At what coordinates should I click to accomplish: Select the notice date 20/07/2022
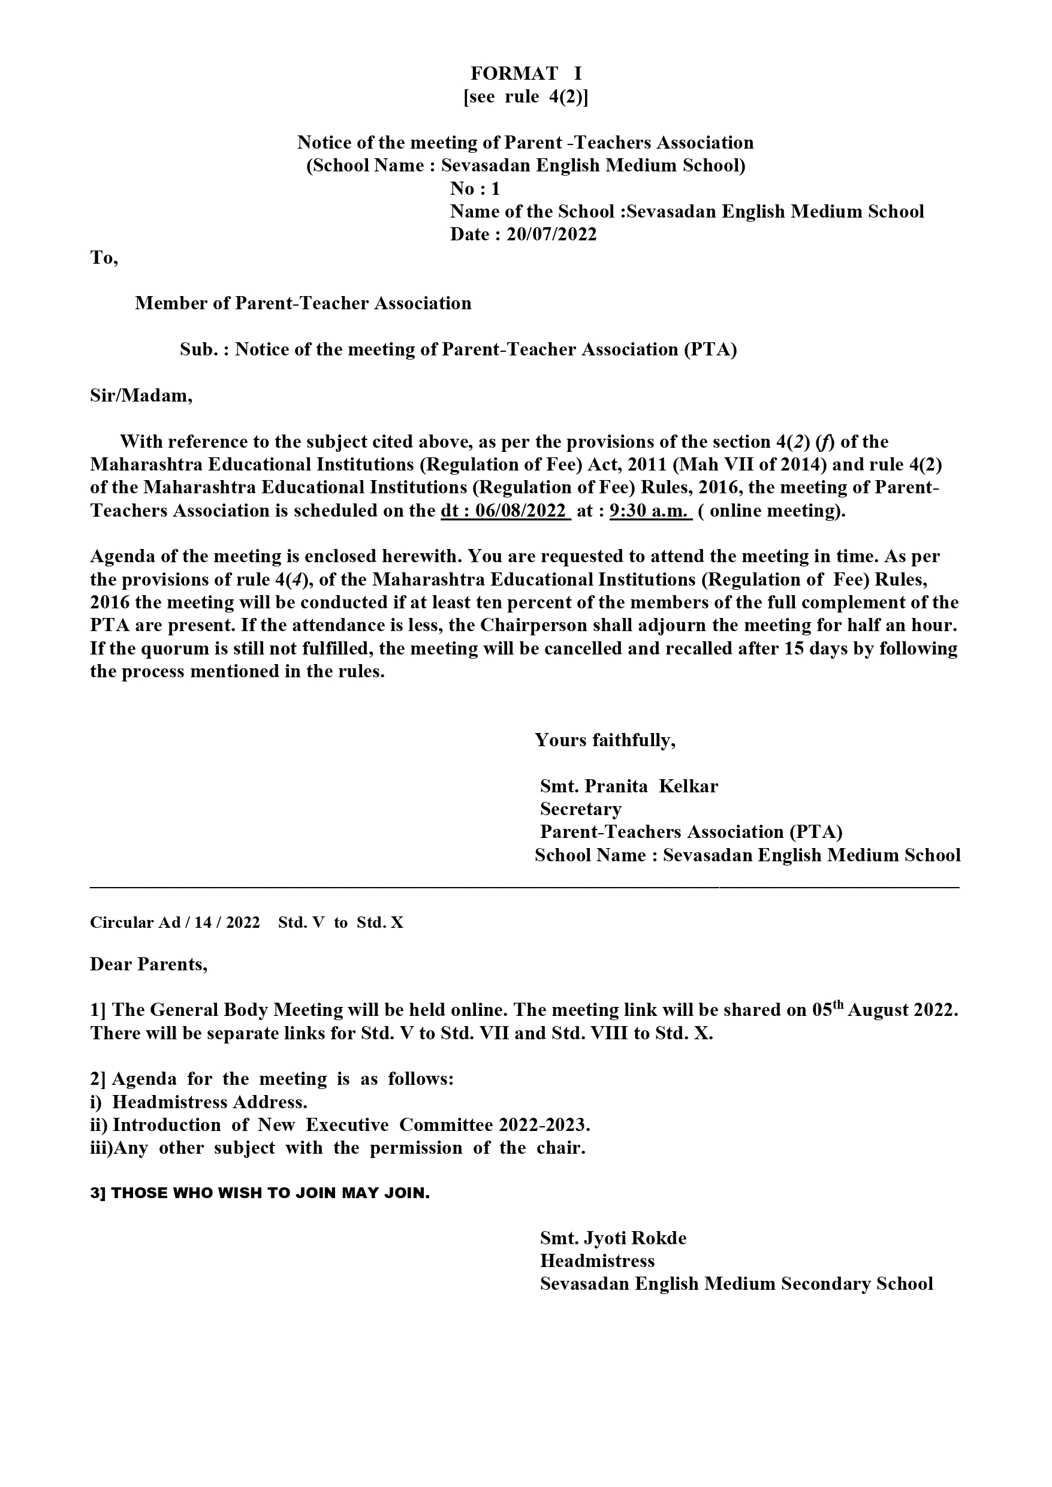click(551, 234)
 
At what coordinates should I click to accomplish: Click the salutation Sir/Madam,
click(141, 395)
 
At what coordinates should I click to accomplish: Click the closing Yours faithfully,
click(605, 740)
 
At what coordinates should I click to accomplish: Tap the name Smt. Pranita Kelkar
click(629, 786)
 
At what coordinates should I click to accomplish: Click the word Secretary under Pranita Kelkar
click(580, 809)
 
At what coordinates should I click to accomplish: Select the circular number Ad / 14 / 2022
click(209, 922)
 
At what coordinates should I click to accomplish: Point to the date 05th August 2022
click(884, 1011)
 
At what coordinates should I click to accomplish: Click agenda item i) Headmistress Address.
click(199, 1102)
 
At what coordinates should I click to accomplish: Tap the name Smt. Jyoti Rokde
click(613, 1238)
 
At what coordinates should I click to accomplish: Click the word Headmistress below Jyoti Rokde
click(597, 1261)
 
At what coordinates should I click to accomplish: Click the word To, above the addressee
click(104, 258)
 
